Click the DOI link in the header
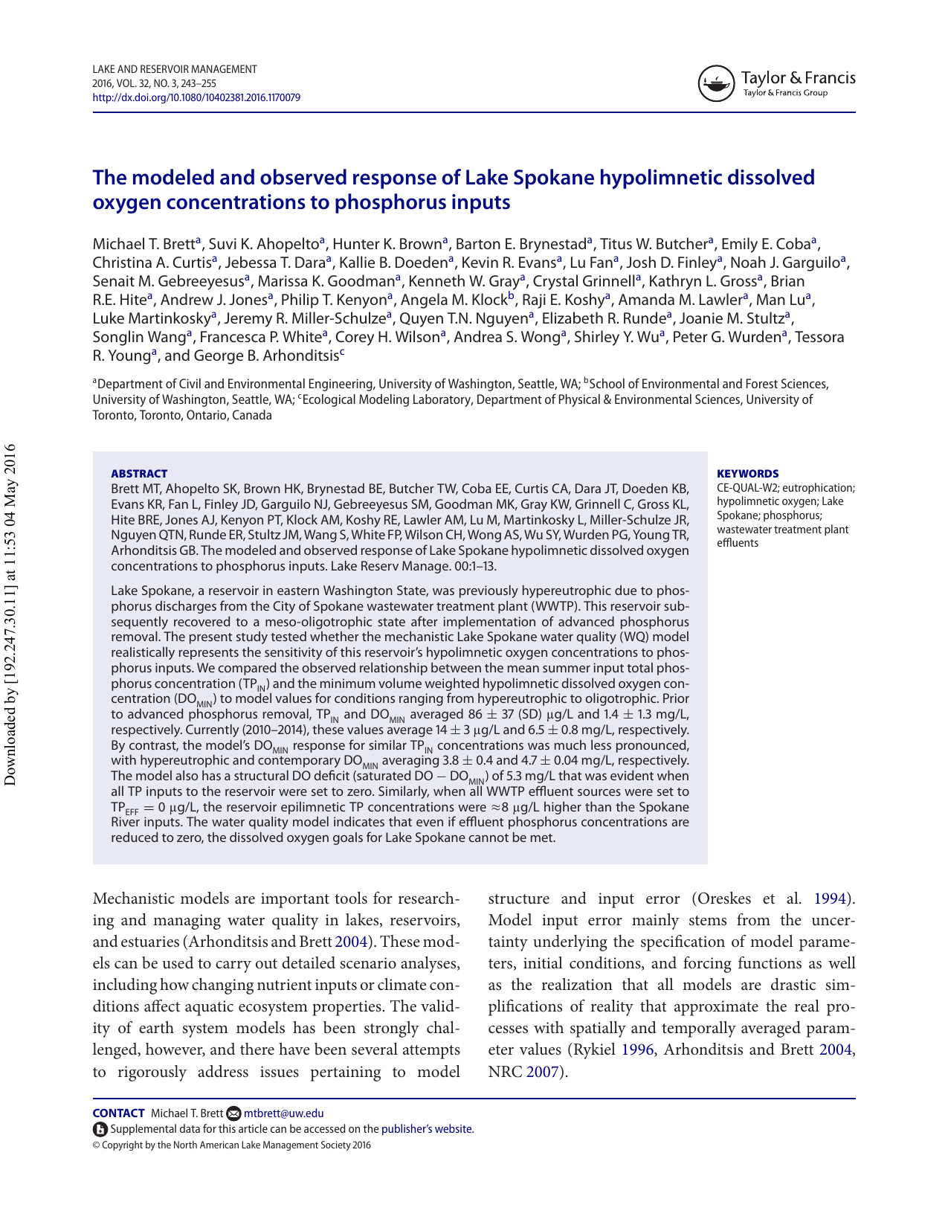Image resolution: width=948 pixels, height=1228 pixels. pos(196,97)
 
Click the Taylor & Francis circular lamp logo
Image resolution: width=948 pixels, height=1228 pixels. pos(716,83)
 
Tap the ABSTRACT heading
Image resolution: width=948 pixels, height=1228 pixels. pos(139,474)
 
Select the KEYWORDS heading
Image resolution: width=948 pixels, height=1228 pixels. pos(747,474)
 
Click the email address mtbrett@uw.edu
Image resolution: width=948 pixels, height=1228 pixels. pos(283,1113)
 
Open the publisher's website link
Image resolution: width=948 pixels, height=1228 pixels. pos(427,1129)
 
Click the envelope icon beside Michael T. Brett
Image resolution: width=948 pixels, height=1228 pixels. pos(233,1113)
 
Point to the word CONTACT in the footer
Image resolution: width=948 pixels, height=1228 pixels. pos(118,1113)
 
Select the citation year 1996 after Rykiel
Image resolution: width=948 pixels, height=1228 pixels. pos(637,1049)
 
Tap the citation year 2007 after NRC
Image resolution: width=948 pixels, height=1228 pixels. pos(541,1072)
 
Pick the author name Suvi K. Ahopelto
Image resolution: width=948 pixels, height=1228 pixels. pos(264,244)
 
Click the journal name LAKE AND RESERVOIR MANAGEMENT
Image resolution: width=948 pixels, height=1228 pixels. pos(175,69)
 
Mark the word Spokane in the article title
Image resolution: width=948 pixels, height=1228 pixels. pos(554,178)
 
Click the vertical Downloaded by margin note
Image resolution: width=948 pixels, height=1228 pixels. pos(10,614)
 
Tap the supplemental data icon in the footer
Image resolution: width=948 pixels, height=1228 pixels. pos(100,1129)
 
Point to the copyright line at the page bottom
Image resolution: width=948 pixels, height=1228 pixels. pos(231,1145)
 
